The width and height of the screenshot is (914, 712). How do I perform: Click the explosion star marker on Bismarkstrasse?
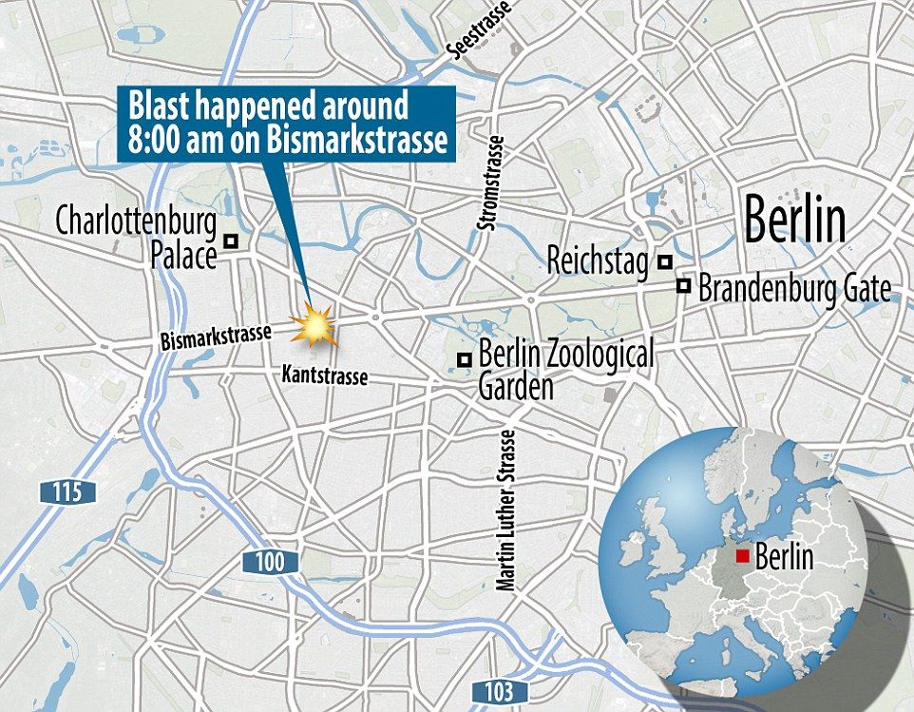point(315,326)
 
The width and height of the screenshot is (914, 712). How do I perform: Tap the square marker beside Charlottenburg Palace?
point(230,242)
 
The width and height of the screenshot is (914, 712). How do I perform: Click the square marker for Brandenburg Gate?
point(684,285)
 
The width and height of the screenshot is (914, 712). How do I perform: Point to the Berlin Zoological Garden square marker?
point(464,359)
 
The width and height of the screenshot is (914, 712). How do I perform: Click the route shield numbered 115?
point(68,492)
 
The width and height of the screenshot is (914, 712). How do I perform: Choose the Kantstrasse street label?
point(323,376)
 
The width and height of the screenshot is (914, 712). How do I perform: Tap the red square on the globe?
point(744,555)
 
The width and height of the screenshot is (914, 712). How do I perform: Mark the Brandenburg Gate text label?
point(793,289)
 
